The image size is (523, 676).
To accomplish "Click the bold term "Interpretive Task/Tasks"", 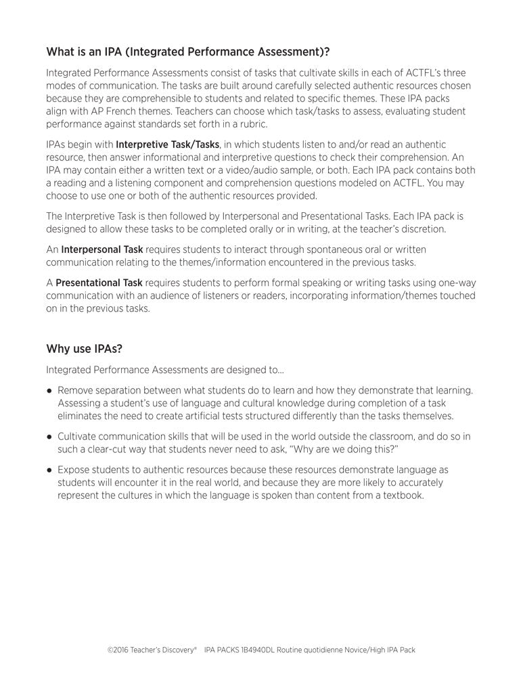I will click(168, 144).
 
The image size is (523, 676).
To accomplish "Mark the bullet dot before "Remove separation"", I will click(50, 391).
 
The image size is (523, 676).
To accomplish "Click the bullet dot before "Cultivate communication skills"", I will click(50, 436).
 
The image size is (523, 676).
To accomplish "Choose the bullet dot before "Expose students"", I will click(50, 469).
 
